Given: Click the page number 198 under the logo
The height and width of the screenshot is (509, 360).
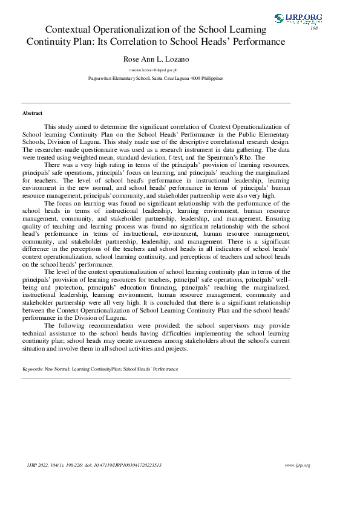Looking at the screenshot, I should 313,28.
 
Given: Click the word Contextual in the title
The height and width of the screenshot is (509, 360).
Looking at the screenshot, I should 74,30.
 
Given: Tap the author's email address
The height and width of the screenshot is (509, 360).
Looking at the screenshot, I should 155,71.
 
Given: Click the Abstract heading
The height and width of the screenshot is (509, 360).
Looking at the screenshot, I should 32,113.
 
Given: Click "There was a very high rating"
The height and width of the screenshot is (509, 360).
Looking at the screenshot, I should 77,164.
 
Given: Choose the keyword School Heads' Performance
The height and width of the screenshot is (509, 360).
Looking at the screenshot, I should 150,368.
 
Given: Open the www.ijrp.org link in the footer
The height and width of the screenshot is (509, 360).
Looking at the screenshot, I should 297,465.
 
